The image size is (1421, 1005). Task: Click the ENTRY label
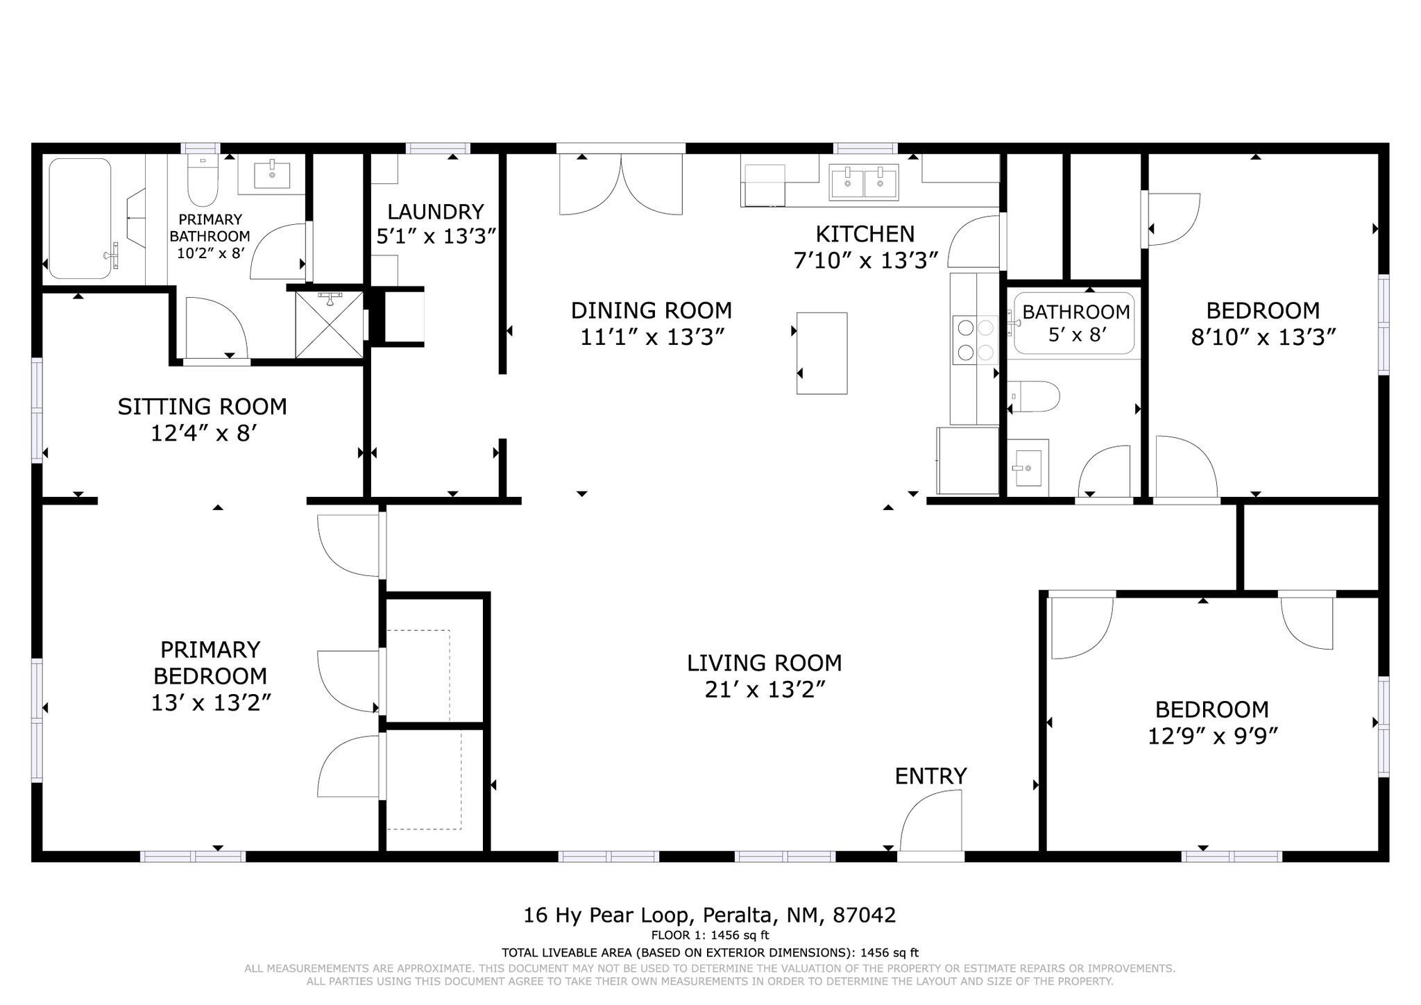(930, 776)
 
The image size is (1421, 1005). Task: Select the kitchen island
(822, 353)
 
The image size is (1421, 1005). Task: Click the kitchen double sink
(864, 182)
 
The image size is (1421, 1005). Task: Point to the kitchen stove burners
(975, 339)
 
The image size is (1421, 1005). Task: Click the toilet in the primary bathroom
(203, 180)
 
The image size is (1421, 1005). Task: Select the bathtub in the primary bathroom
(80, 219)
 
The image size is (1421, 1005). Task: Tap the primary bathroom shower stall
(330, 325)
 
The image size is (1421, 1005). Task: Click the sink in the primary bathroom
(271, 174)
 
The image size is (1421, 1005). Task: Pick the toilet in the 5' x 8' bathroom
(1034, 396)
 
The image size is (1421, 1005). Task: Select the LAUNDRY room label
(436, 212)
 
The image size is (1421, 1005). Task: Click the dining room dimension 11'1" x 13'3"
(652, 337)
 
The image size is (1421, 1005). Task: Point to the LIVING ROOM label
(765, 664)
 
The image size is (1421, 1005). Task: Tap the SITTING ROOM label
(203, 407)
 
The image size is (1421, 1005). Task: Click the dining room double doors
(622, 184)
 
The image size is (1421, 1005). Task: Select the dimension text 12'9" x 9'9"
(1212, 736)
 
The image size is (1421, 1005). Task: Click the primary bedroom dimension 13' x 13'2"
(211, 703)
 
